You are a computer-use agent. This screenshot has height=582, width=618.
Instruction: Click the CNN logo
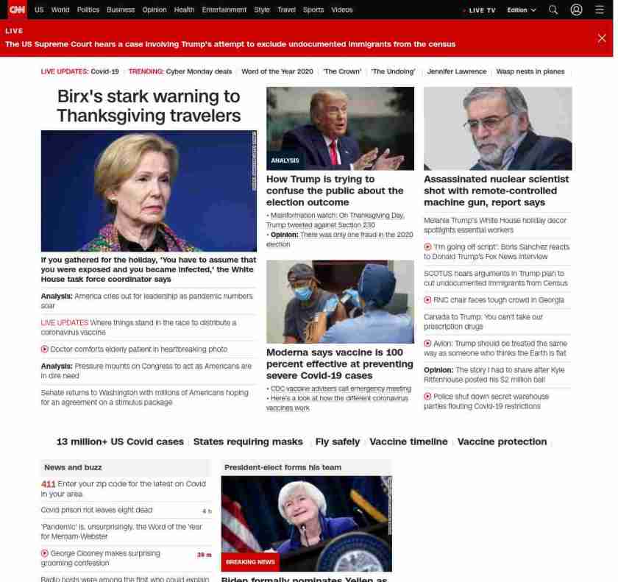[x=16, y=10]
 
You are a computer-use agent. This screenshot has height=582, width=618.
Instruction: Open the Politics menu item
[x=88, y=10]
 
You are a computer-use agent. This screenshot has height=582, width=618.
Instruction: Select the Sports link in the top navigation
[x=313, y=10]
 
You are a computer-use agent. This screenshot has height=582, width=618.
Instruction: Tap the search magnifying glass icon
[x=553, y=10]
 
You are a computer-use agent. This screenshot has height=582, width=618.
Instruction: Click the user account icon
[x=576, y=10]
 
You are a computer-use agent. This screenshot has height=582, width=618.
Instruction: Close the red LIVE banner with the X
[x=602, y=38]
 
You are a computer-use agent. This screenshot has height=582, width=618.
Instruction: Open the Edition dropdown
[x=521, y=10]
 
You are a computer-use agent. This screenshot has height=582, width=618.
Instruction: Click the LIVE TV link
[x=481, y=10]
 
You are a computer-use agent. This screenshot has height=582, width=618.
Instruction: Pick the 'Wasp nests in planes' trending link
[x=530, y=71]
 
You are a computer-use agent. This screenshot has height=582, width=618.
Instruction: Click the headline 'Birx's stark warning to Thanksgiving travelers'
[x=149, y=106]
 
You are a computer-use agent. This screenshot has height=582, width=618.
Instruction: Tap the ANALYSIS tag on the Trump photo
[x=285, y=160]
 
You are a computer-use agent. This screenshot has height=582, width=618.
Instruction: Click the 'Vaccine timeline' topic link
[x=408, y=441]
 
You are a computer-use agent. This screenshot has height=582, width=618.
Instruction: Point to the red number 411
[x=48, y=483]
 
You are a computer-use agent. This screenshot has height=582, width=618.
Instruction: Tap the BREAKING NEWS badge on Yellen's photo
[x=250, y=562]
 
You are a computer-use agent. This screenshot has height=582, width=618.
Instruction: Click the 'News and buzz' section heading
[x=73, y=467]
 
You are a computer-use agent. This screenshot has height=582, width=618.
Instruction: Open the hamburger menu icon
[x=600, y=10]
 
